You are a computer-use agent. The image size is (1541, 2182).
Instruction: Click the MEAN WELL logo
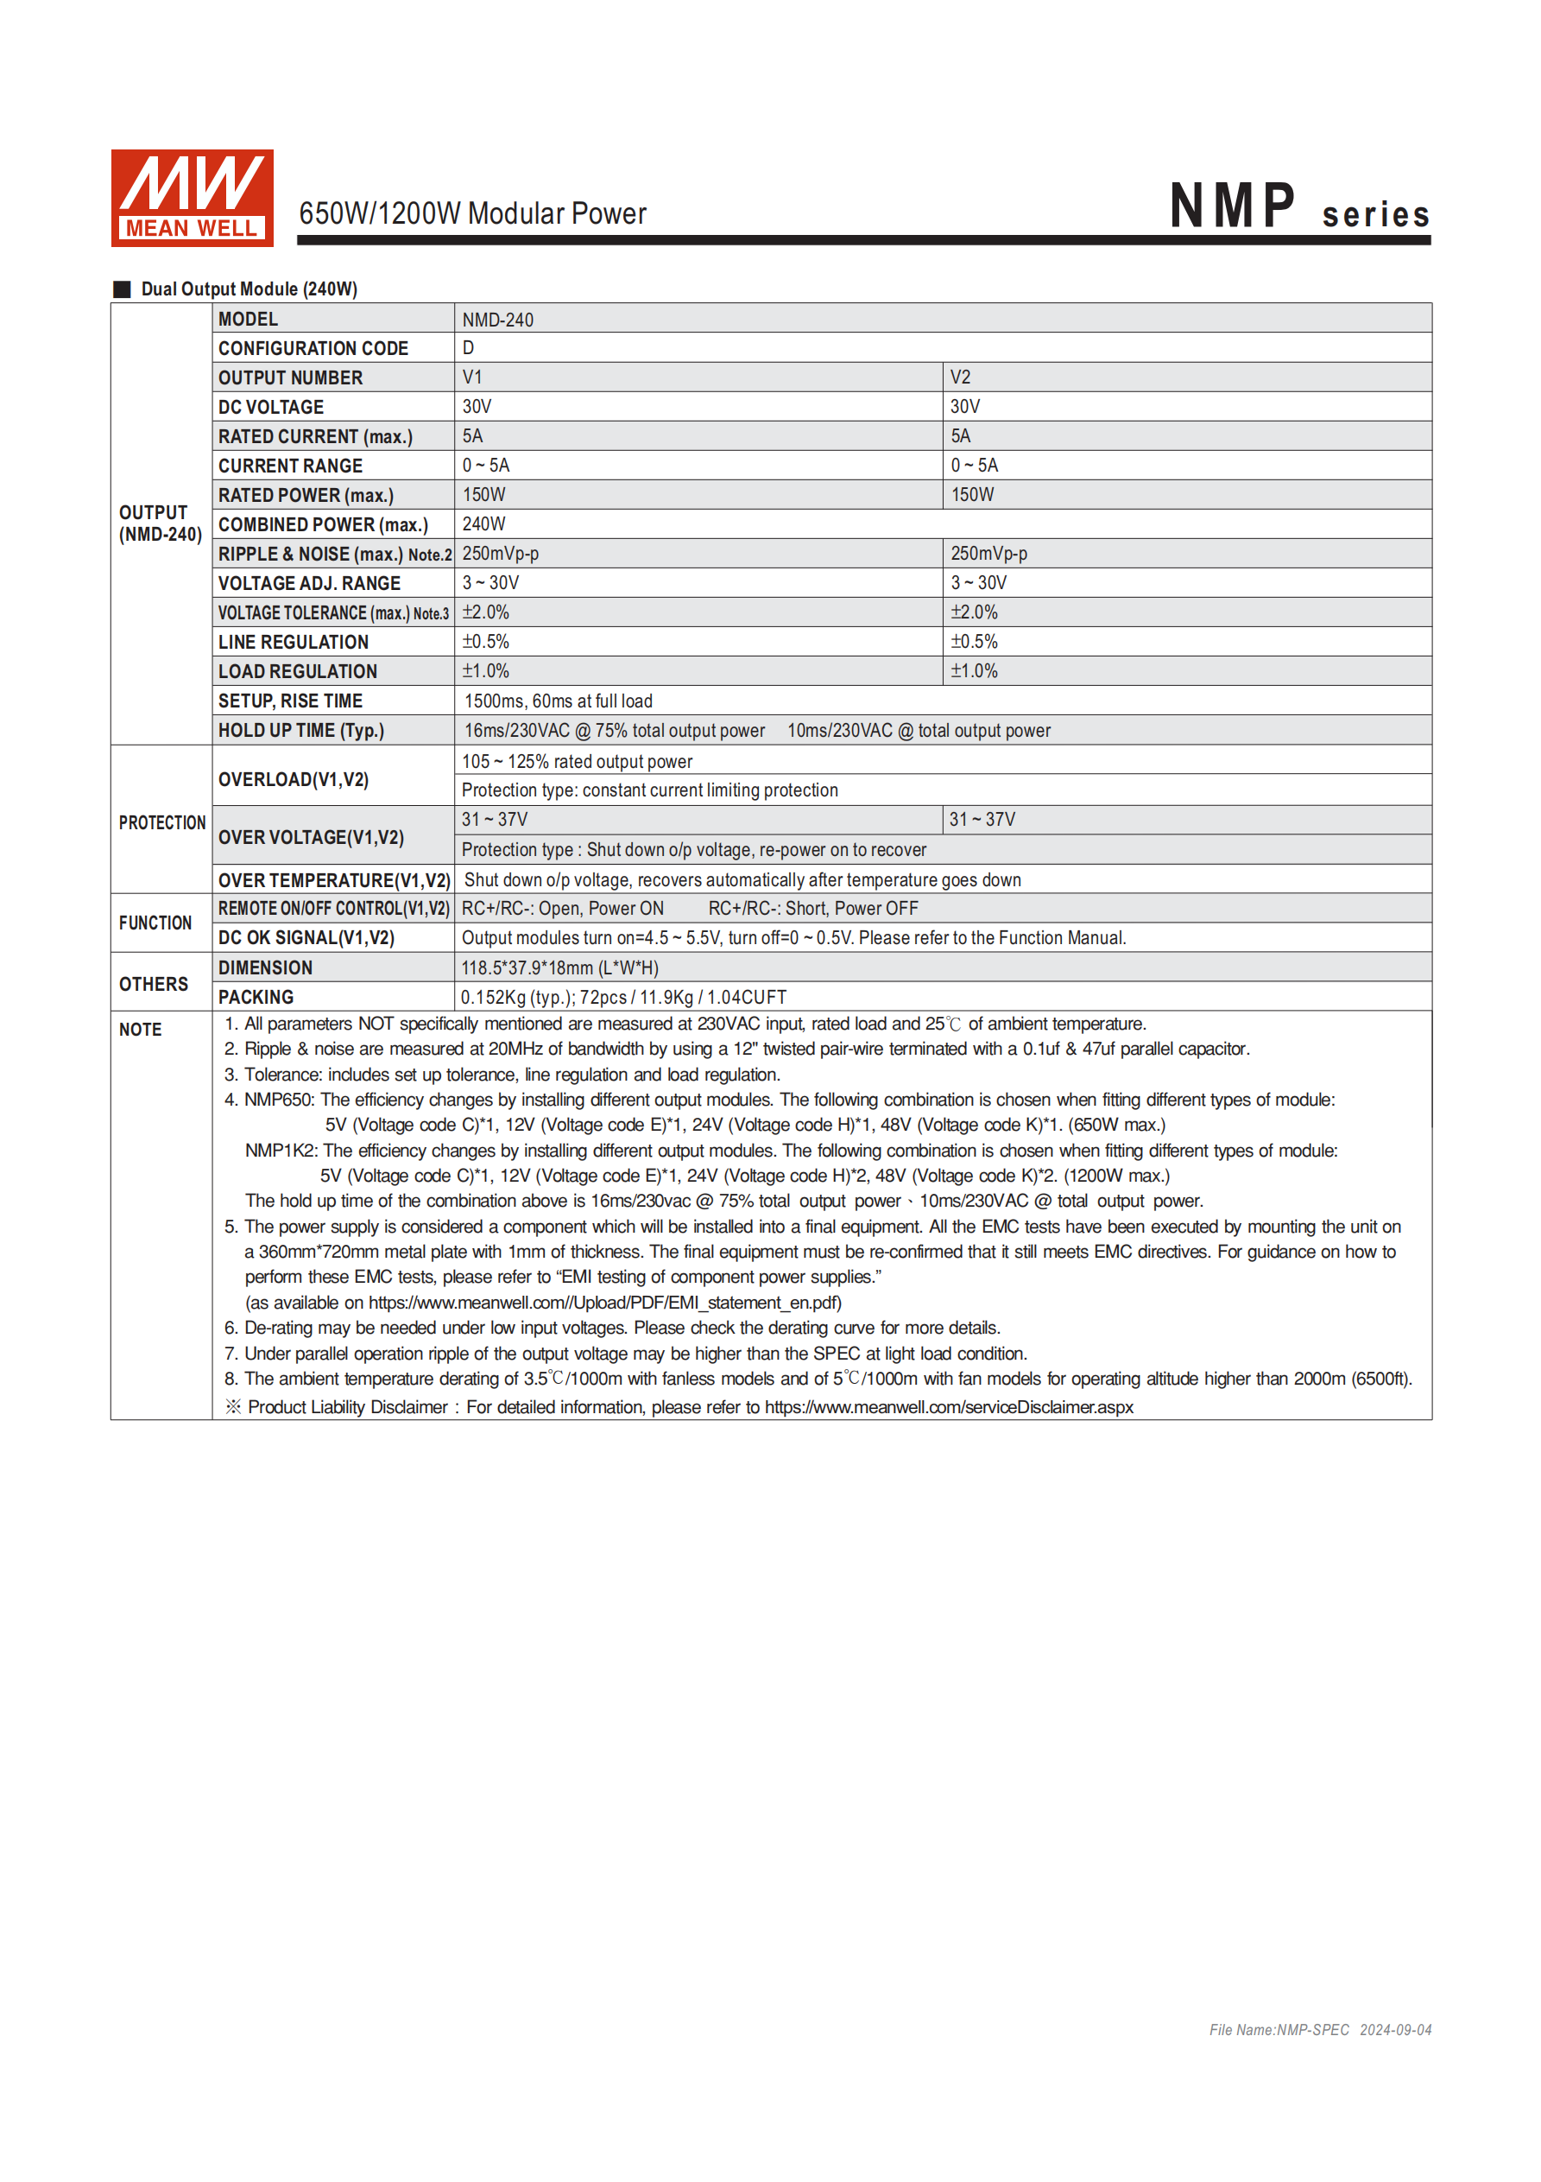(192, 198)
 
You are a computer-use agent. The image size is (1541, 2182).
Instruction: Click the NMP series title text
(1298, 207)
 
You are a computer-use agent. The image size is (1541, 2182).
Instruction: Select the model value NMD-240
(498, 320)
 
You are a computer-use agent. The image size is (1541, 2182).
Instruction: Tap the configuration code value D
(469, 349)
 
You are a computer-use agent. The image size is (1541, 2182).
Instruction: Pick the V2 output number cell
(961, 378)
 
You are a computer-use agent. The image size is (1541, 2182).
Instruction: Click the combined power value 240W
(483, 524)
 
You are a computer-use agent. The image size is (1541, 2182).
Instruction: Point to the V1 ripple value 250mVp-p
(501, 554)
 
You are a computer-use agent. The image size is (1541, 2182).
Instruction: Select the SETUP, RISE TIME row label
(291, 701)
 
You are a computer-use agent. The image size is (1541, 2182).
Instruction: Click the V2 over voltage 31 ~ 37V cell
(982, 820)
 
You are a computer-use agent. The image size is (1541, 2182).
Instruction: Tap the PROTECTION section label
(161, 823)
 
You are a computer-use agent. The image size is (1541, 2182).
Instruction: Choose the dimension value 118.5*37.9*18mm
(559, 968)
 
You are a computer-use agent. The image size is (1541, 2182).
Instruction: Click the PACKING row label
(256, 998)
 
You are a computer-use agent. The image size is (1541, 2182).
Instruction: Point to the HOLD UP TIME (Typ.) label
(301, 731)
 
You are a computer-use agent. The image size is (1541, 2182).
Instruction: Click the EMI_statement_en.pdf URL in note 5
(604, 1303)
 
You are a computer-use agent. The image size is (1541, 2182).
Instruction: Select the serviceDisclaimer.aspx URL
(948, 1407)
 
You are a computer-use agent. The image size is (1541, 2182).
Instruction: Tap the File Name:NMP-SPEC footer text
(1278, 2030)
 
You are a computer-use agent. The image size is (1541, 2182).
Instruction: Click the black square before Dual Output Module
(122, 289)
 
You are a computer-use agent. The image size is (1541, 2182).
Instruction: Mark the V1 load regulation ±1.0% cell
(485, 672)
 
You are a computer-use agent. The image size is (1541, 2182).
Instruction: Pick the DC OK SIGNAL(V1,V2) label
(306, 939)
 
